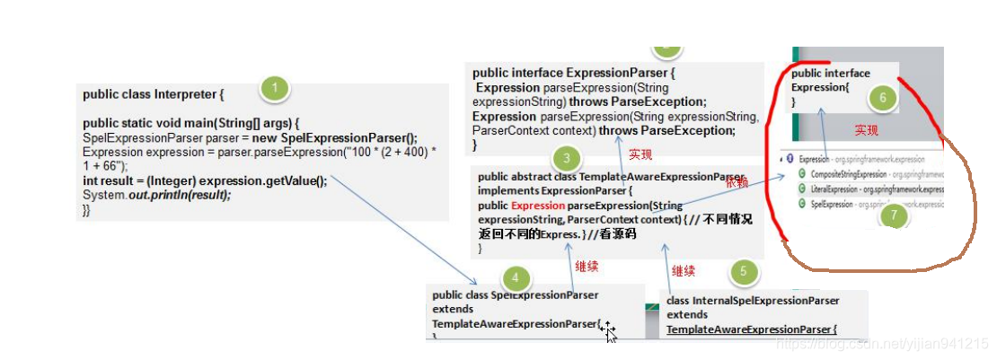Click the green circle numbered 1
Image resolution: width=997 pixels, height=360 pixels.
pos(274,88)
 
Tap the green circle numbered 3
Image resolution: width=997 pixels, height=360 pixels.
pos(565,160)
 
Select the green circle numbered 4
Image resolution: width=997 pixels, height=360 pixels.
pos(515,278)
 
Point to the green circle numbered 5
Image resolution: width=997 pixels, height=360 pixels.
pos(744,272)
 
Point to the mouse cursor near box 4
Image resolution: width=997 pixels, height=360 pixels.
pos(609,330)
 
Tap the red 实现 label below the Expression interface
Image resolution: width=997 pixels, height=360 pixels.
pos(866,130)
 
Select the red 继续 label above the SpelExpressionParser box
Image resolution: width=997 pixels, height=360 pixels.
pos(587,267)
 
